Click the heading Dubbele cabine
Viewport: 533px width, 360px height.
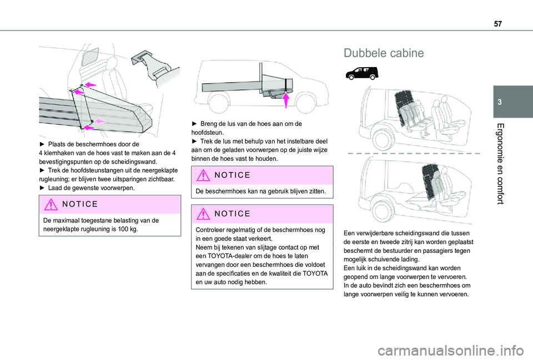pos(383,53)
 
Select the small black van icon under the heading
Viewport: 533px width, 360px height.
pos(361,73)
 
